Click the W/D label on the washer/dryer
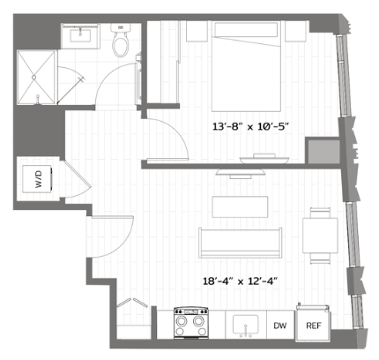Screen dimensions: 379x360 39,179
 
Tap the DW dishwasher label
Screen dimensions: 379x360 280,326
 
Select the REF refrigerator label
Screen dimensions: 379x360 314,326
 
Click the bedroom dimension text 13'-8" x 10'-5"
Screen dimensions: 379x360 251,127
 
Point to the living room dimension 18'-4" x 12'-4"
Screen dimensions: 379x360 241,281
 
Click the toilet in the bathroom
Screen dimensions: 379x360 120,41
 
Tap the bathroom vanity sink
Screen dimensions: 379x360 80,35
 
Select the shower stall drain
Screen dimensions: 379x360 33,78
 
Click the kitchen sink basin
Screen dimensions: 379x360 246,324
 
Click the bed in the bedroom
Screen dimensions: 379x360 246,66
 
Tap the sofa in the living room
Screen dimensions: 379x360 241,243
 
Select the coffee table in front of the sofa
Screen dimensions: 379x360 240,206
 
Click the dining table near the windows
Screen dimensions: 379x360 321,236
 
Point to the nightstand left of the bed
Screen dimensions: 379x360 197,31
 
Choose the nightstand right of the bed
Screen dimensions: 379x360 295,31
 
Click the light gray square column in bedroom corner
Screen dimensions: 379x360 323,151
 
